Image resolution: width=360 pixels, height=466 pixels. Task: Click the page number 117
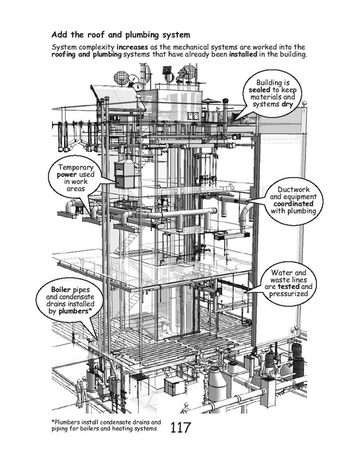(x=180, y=427)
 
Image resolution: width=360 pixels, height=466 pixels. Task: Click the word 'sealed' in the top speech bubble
(x=259, y=89)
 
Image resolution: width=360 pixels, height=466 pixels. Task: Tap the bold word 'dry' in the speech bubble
(x=287, y=104)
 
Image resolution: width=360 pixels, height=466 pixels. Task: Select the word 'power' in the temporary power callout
(x=67, y=175)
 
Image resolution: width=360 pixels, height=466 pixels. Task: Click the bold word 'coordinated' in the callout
(x=293, y=204)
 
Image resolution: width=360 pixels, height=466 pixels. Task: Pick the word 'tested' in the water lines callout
(x=288, y=286)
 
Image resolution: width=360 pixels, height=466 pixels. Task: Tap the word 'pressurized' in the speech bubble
(x=288, y=294)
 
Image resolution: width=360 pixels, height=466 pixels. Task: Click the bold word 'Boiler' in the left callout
(x=61, y=290)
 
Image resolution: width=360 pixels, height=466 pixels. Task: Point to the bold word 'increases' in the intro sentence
(x=132, y=47)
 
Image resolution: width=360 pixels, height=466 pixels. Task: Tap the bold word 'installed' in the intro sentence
(x=243, y=55)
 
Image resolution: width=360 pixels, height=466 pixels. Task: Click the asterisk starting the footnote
(x=53, y=421)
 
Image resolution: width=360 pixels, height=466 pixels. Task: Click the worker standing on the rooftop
(x=219, y=114)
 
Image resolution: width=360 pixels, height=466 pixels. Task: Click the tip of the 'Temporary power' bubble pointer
(x=115, y=182)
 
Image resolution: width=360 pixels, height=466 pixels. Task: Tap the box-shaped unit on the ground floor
(x=175, y=386)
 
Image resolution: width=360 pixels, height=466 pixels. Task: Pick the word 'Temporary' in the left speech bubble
(x=76, y=167)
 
